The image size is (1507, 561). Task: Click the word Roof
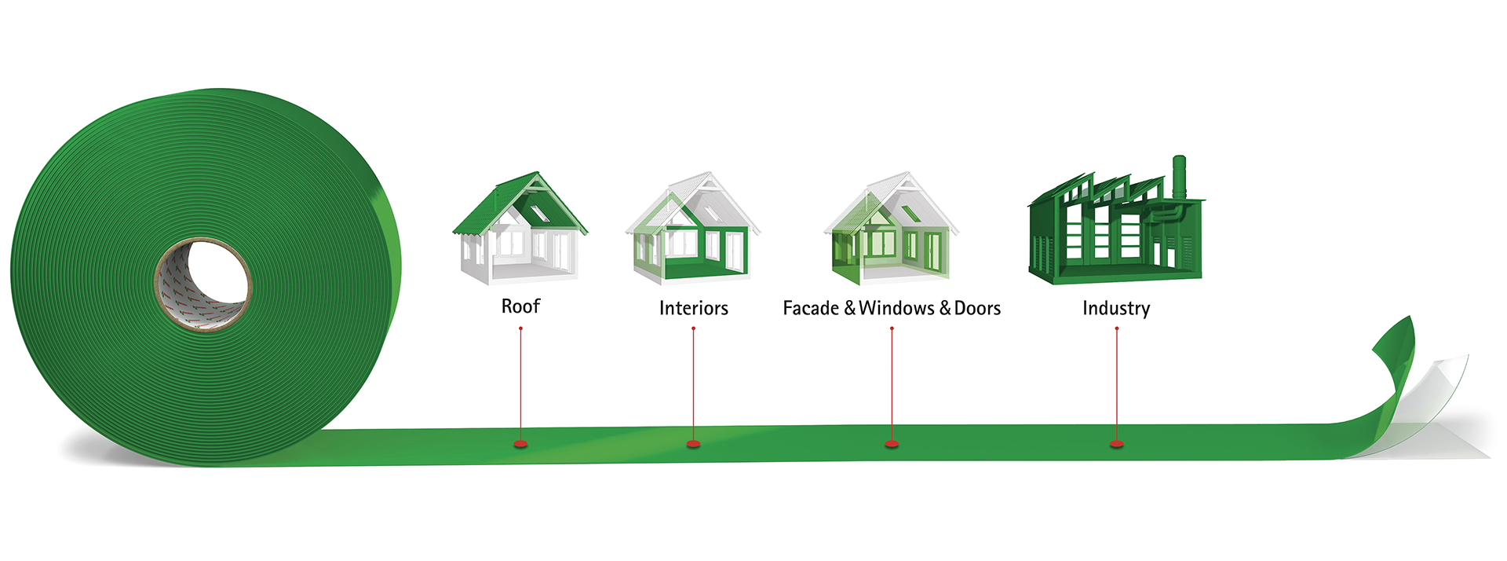520,306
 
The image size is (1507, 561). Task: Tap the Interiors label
693,308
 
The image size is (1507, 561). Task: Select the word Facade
811,308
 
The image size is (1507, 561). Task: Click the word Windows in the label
896,308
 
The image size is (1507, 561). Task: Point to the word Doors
977,308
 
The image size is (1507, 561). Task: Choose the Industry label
1115,308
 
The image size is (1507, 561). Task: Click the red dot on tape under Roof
520,445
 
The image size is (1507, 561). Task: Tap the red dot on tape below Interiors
693,445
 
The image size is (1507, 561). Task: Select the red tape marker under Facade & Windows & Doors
892,445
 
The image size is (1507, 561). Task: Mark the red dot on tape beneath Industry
1116,445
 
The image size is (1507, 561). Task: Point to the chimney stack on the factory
1178,177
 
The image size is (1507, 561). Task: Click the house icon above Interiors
692,228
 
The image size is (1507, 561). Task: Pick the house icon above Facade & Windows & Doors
891,228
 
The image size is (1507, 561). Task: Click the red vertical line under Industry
1116,385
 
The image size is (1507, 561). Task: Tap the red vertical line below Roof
520,385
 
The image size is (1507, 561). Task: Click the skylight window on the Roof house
540,212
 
